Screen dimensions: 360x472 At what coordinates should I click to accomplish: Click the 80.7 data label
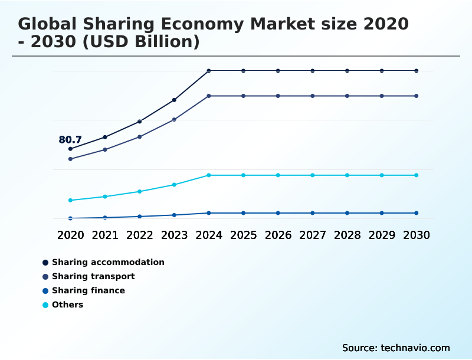(70, 140)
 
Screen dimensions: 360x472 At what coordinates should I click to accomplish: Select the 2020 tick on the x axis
(70, 235)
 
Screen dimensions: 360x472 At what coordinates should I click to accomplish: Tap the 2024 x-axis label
(209, 235)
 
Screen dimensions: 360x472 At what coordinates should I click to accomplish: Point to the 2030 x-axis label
(417, 235)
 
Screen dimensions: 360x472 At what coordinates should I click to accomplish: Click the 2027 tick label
(313, 235)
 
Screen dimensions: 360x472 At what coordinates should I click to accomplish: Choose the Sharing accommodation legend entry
(108, 262)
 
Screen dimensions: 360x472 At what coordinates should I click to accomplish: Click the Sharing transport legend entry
(93, 276)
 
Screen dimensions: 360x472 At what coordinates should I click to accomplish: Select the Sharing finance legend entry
(88, 290)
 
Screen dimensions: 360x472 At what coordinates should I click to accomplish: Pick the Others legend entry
(67, 305)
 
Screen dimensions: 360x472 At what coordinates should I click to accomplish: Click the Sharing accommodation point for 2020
(70, 149)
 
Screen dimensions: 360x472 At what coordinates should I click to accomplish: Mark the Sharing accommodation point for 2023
(174, 100)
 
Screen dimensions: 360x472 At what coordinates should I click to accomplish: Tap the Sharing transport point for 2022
(140, 137)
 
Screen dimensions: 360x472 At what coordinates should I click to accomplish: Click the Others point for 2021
(105, 197)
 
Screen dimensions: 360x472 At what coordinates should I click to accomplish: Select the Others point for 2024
(209, 175)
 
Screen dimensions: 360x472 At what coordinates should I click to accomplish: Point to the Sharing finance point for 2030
(417, 213)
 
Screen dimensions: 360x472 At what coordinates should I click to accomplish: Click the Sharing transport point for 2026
(278, 96)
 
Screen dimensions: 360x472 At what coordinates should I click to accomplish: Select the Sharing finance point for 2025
(243, 213)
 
